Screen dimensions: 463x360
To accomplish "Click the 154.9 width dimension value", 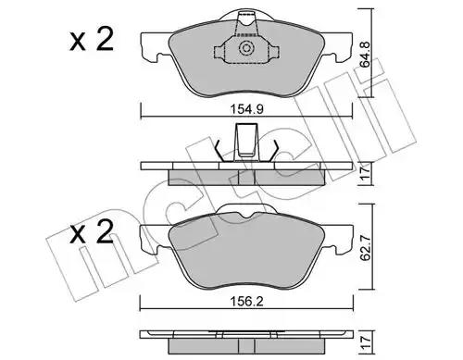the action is [x=246, y=109].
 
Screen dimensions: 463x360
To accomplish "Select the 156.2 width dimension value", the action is [x=246, y=302].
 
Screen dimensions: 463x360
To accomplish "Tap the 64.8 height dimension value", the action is [x=366, y=55].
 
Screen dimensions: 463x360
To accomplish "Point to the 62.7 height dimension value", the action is [x=366, y=247].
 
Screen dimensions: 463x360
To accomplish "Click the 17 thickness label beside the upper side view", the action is [x=366, y=174].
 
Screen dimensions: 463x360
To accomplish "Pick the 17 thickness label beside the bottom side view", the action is [x=366, y=342].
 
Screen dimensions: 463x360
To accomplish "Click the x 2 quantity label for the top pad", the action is [x=92, y=40].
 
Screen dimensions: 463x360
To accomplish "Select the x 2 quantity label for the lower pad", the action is [x=92, y=232].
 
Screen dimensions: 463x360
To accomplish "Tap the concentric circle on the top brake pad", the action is [x=246, y=48].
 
